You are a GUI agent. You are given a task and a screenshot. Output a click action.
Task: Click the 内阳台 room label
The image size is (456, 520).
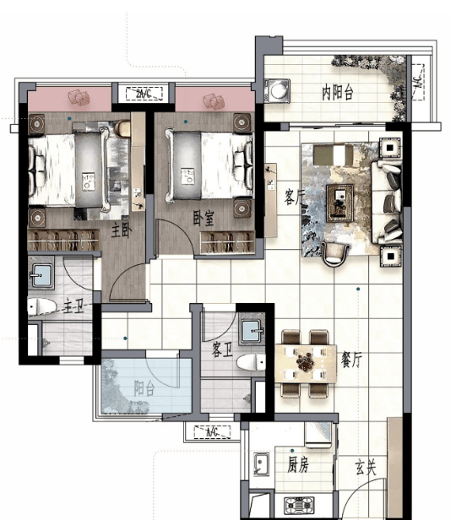coord(337,93)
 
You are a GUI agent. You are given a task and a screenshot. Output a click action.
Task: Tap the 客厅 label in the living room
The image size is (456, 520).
coord(294,198)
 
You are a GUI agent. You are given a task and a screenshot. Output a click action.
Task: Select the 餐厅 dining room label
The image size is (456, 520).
coord(351,360)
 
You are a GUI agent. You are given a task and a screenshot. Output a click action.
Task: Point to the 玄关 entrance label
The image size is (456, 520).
coord(366,468)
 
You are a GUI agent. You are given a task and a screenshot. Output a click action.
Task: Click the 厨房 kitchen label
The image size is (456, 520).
coord(297,464)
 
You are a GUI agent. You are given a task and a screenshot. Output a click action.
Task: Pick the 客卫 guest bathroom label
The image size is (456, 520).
coord(222,349)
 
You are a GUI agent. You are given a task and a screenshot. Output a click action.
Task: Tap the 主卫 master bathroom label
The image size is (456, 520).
coord(73,306)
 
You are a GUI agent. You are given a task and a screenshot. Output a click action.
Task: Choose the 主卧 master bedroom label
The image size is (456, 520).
coord(121,230)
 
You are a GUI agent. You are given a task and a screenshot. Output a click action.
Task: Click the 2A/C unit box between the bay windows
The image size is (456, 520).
coord(144,94)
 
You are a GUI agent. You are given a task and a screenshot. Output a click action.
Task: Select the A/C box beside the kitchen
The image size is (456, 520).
coord(212,432)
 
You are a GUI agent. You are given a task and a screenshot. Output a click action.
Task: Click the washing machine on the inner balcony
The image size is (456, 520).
coord(277,90)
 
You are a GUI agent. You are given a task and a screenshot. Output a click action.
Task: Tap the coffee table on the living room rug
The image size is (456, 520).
coord(340,203)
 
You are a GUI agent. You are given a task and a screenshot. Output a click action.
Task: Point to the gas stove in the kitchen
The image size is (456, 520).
coord(299,506)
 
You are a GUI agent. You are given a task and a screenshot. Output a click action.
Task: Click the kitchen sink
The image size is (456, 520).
coord(262,464)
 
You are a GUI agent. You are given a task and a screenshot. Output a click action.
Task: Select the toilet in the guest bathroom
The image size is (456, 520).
coord(251,362)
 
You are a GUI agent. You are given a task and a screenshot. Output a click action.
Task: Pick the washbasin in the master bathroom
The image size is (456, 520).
coord(41,275)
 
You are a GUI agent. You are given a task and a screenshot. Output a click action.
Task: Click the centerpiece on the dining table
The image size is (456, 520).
coord(305,362)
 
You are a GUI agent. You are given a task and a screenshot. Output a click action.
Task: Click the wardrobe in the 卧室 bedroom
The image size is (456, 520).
coord(227,243)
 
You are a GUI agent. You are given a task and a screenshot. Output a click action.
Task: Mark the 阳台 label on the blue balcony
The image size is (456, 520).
coord(144,388)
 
